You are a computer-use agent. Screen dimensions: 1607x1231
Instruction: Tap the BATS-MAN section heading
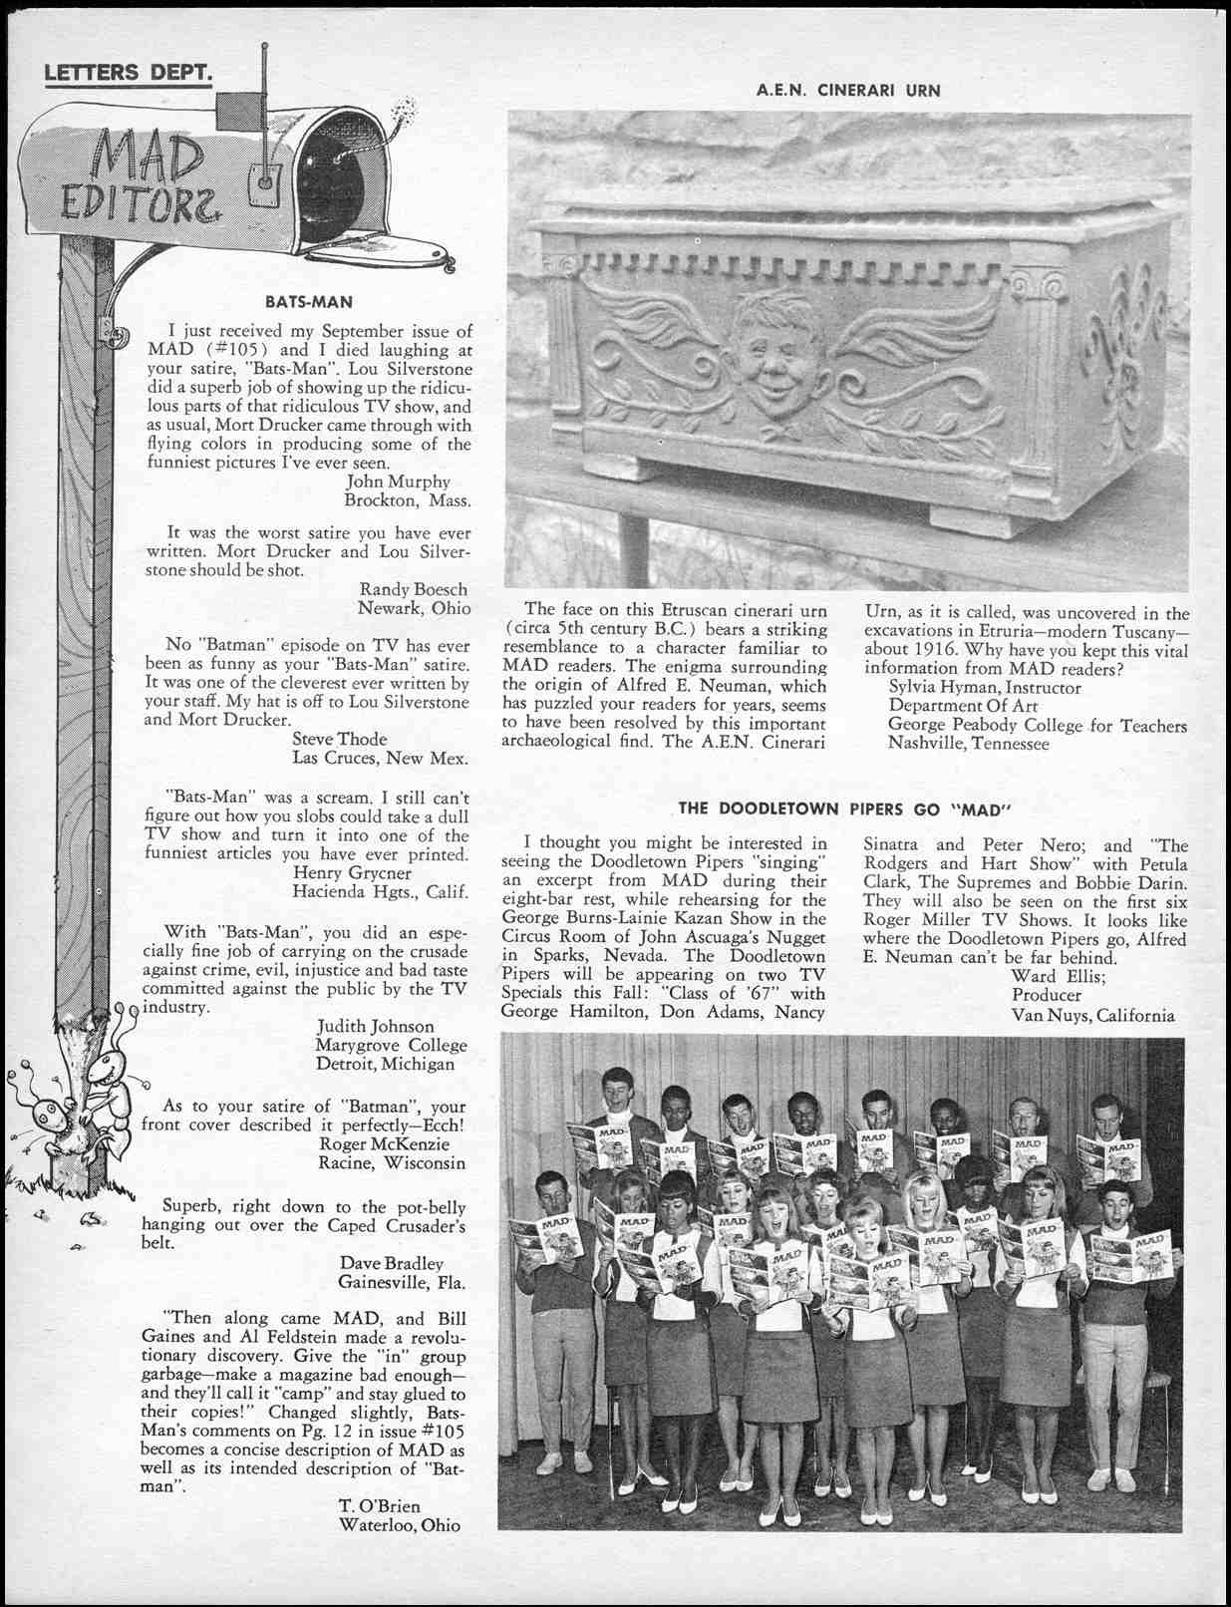[x=308, y=301]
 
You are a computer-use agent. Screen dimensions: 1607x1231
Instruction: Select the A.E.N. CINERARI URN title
[x=848, y=91]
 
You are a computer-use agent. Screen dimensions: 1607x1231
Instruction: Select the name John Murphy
[x=398, y=482]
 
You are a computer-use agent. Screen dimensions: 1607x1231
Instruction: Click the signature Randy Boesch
[x=413, y=589]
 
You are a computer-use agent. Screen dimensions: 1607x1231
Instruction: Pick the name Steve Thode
[x=339, y=739]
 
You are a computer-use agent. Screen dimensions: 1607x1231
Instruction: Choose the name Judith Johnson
[x=376, y=1026]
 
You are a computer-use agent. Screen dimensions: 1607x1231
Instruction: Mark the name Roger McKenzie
[x=384, y=1143]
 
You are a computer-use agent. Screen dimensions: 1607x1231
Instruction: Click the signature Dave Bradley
[x=391, y=1263]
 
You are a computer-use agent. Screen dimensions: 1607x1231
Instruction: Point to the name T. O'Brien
[x=380, y=1505]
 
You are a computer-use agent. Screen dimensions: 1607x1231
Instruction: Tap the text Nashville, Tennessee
[x=968, y=744]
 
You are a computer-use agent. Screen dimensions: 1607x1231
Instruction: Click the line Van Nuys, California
[x=1092, y=1016]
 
